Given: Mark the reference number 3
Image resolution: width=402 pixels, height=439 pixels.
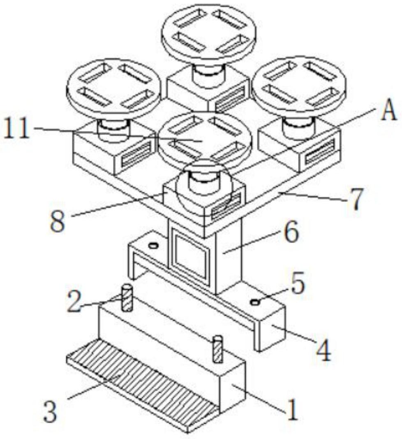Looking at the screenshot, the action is (x=50, y=411).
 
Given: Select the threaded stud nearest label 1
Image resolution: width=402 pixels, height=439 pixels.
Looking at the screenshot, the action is (x=218, y=349).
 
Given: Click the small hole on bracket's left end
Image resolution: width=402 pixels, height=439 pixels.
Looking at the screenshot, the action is (x=153, y=246).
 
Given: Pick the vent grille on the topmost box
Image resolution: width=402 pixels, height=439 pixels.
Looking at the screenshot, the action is (x=232, y=99).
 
